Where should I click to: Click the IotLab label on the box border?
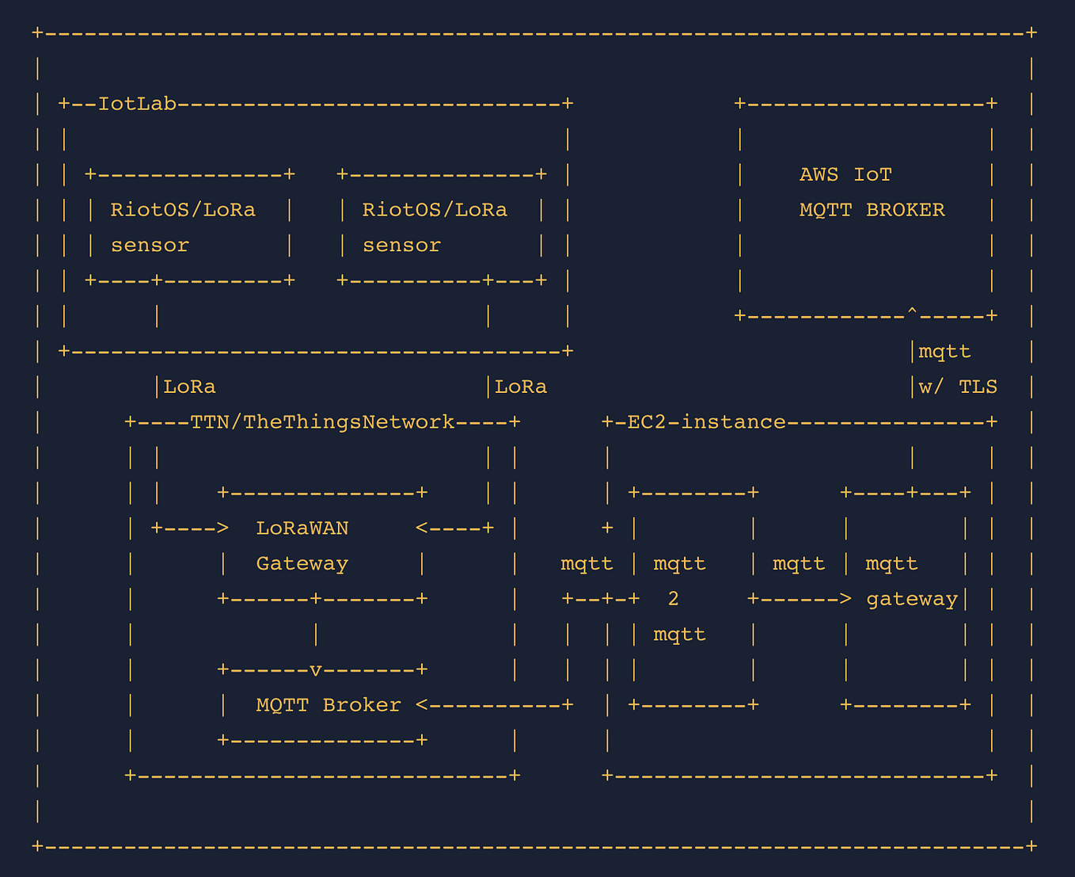pos(136,104)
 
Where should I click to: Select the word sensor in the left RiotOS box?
pos(150,246)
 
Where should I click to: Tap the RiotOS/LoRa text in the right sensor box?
pos(435,210)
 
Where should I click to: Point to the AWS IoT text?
pos(845,174)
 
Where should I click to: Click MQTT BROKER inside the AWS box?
pos(872,210)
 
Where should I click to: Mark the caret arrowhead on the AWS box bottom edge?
pos(912,315)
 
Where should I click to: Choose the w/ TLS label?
pos(958,387)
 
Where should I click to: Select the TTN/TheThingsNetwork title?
pos(322,422)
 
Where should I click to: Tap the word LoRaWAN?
pos(302,528)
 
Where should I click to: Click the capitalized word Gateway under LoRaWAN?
pos(302,564)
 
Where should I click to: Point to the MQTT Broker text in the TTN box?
pos(329,705)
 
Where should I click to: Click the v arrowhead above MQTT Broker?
pos(315,670)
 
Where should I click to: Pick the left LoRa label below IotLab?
pos(189,387)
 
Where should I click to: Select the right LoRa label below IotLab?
pos(520,387)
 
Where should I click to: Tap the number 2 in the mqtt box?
pos(673,599)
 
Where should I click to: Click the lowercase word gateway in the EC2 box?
pos(911,599)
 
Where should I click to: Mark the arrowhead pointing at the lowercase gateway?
pos(845,599)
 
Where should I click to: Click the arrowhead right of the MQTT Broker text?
pos(422,705)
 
